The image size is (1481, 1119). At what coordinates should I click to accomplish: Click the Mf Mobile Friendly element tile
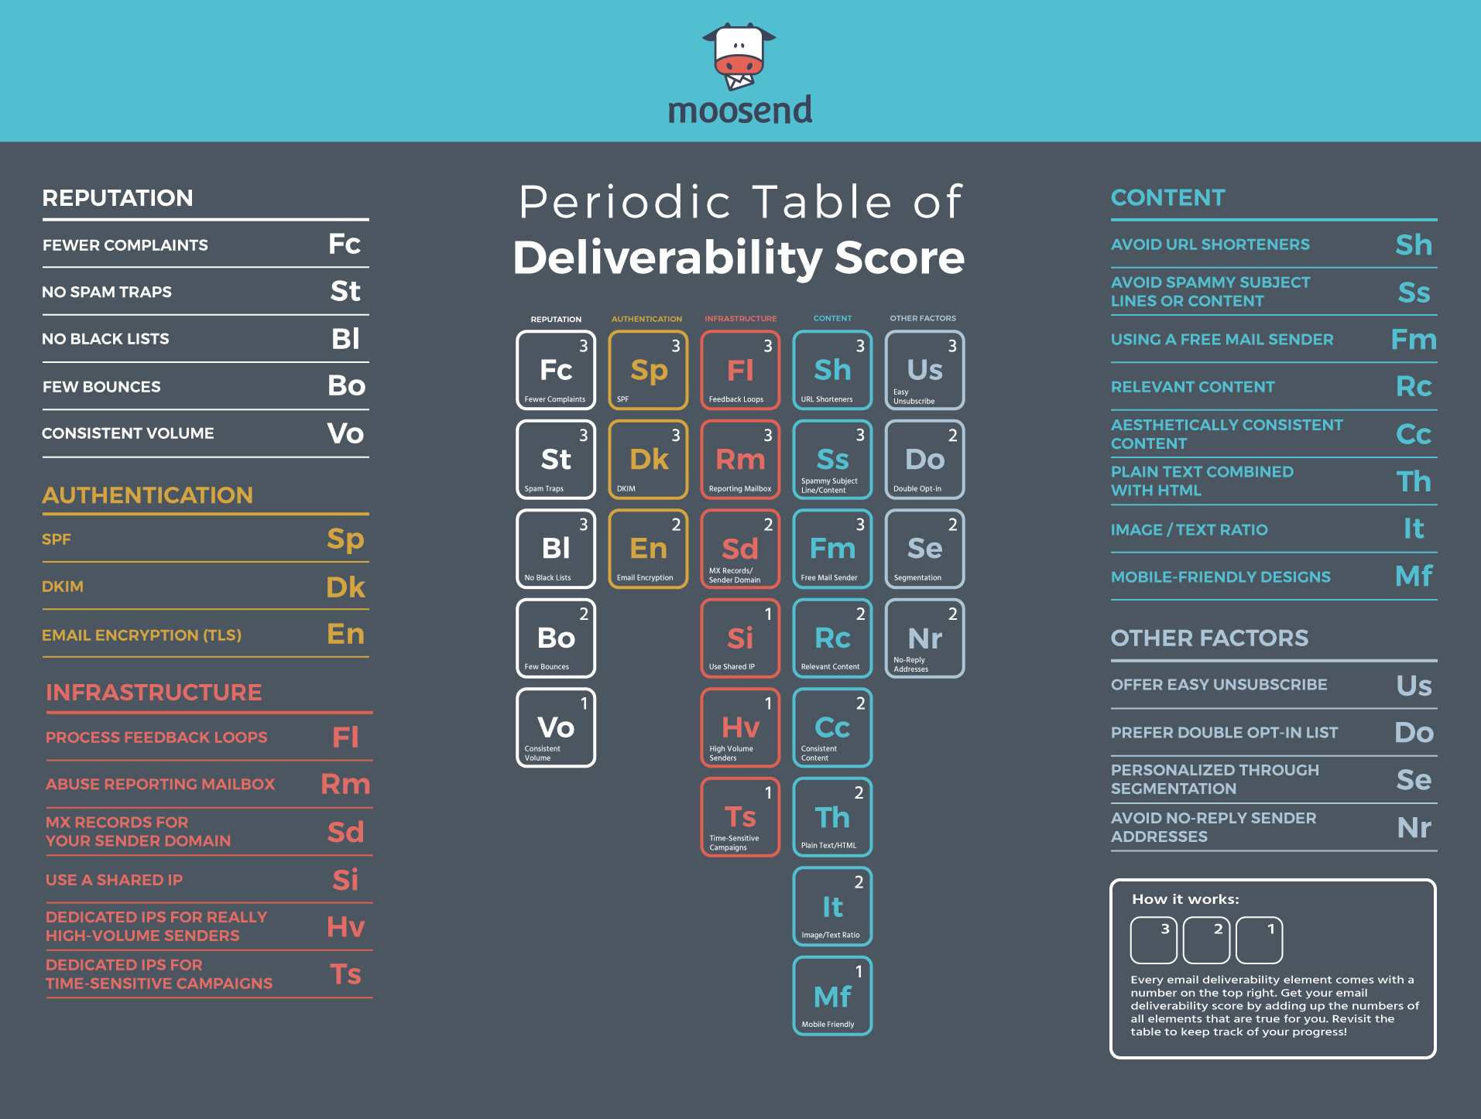coord(832,996)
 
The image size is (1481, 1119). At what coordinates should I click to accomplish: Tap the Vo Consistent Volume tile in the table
coord(556,727)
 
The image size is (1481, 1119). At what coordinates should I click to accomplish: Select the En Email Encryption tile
coord(648,549)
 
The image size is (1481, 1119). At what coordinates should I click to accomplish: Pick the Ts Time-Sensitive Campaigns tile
coord(740,817)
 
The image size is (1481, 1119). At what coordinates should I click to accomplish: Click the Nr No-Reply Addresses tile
coord(924,638)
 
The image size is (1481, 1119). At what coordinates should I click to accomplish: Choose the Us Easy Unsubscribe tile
coord(924,370)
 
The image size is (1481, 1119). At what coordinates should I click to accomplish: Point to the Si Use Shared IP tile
coord(740,638)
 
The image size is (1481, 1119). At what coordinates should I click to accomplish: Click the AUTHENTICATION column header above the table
coord(646,319)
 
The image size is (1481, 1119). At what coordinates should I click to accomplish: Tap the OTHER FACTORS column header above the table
coord(923,318)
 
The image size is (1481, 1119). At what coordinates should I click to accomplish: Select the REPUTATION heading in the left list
coord(118,197)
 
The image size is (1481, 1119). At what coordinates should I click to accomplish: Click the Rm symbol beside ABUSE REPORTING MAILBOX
coord(345,784)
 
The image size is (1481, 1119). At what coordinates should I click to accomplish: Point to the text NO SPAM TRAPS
coord(107,292)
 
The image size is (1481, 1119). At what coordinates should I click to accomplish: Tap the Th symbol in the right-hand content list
coord(1413,481)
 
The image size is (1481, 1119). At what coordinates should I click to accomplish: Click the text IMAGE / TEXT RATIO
coord(1189,529)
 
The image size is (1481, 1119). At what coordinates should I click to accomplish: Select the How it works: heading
coord(1185,899)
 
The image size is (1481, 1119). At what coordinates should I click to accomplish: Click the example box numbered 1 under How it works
coord(1259,940)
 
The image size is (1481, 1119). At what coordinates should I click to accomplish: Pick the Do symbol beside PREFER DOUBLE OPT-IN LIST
coord(1414,732)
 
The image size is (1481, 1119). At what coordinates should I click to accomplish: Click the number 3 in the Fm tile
coord(860,525)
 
